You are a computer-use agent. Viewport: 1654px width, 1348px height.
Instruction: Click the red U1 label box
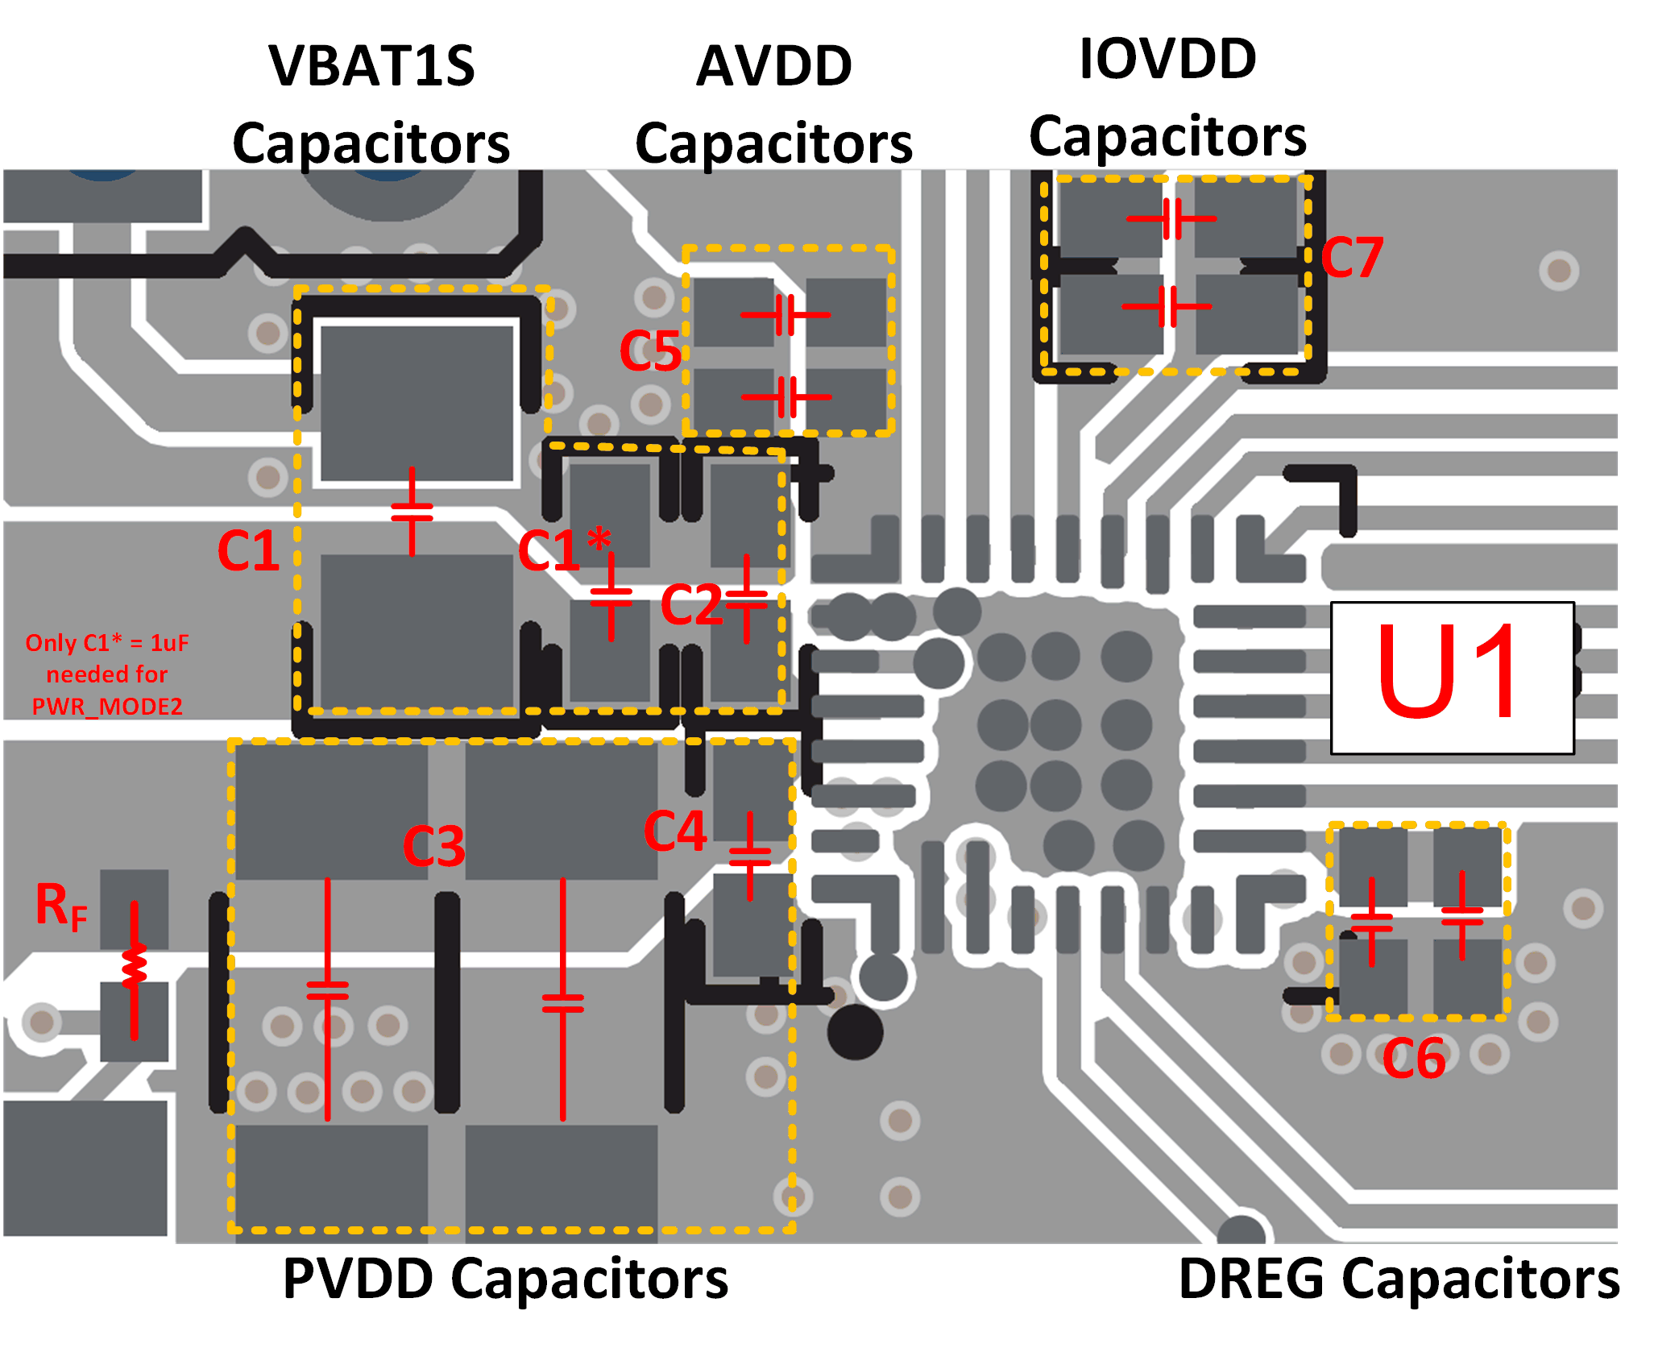pyautogui.click(x=1452, y=678)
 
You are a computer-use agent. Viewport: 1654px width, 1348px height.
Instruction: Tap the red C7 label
pyautogui.click(x=1352, y=258)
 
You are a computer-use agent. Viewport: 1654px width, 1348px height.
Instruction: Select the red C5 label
pyautogui.click(x=650, y=351)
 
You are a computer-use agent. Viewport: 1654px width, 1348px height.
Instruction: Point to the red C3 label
pyautogui.click(x=433, y=846)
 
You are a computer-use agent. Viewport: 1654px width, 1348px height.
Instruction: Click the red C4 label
pyautogui.click(x=675, y=831)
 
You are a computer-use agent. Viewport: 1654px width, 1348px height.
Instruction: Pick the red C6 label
pyautogui.click(x=1414, y=1058)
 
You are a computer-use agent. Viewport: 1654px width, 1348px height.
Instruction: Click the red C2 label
pyautogui.click(x=690, y=604)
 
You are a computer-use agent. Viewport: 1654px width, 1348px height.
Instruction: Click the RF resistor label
pyautogui.click(x=61, y=906)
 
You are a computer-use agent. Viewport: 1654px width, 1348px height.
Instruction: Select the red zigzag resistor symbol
pyautogui.click(x=134, y=967)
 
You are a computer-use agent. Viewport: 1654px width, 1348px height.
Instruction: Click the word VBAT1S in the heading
pyautogui.click(x=371, y=66)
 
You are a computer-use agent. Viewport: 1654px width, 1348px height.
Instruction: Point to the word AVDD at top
pyautogui.click(x=773, y=66)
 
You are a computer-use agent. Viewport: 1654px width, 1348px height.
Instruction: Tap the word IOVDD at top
pyautogui.click(x=1167, y=59)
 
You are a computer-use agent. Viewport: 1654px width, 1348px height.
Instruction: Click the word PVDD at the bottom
pyautogui.click(x=359, y=1279)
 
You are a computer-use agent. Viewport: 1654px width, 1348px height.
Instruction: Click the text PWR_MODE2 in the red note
pyautogui.click(x=107, y=707)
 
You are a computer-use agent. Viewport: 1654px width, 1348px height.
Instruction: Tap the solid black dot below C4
pyautogui.click(x=855, y=1032)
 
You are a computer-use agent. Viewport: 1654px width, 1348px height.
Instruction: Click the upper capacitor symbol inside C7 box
pyautogui.click(x=1171, y=218)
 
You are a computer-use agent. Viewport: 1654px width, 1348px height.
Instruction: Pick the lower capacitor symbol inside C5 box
pyautogui.click(x=786, y=396)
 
